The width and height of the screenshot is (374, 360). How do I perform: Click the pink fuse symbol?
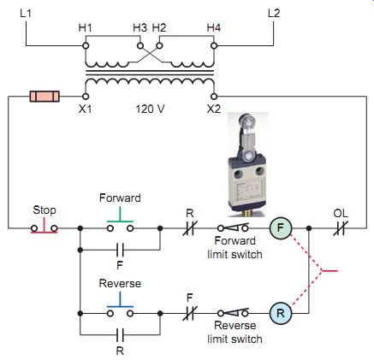pyautogui.click(x=45, y=97)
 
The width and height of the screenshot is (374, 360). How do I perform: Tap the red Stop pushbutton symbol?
pyautogui.click(x=45, y=227)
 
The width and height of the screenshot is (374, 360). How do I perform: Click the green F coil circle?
pyautogui.click(x=281, y=227)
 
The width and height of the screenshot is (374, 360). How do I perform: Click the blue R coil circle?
pyautogui.click(x=281, y=313)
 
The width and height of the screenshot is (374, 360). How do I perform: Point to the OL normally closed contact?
pyautogui.click(x=341, y=228)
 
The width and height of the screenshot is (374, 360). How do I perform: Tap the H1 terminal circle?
pyautogui.click(x=86, y=45)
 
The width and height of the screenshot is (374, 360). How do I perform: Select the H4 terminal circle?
pyautogui.click(x=214, y=45)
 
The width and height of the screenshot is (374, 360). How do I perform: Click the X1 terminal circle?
pyautogui.click(x=86, y=97)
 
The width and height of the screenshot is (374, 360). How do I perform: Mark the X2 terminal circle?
pyautogui.click(x=214, y=97)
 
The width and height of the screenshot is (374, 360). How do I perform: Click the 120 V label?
pyautogui.click(x=150, y=109)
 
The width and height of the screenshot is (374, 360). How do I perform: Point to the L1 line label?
pyautogui.click(x=26, y=13)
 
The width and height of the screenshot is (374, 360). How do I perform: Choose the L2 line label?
pyautogui.click(x=274, y=13)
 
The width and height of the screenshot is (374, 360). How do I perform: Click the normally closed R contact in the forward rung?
pyautogui.click(x=190, y=228)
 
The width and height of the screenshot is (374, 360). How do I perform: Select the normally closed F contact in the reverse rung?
pyautogui.click(x=190, y=313)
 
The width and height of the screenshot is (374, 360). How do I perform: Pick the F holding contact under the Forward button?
pyautogui.click(x=120, y=250)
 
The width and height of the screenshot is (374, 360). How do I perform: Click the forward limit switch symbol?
pyautogui.click(x=233, y=227)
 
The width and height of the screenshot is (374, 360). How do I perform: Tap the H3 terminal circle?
pyautogui.click(x=140, y=45)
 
